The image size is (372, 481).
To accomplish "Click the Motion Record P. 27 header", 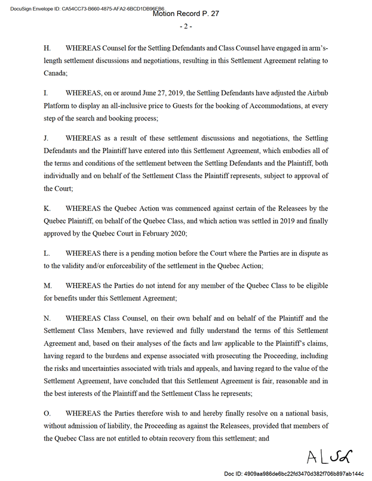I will click(x=186, y=13).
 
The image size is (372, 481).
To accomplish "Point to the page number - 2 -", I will click(x=186, y=27).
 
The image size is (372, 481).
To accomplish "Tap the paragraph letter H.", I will click(x=47, y=46).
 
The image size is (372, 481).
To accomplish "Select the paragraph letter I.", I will click(x=46, y=94).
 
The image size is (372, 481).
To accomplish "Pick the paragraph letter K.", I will click(x=47, y=208).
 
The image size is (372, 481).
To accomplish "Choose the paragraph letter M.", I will click(x=48, y=286).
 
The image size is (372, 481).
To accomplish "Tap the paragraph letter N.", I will click(x=47, y=318).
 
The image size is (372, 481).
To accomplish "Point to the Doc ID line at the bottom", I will click(x=293, y=473).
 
